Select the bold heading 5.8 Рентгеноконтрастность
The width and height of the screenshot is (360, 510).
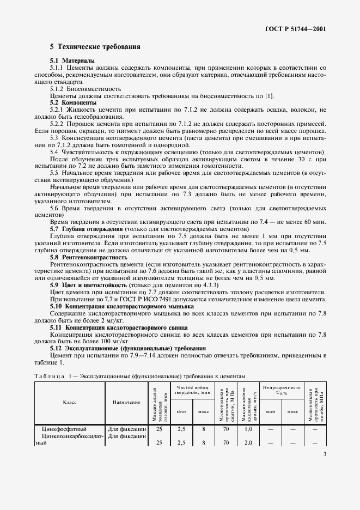[x=89, y=257]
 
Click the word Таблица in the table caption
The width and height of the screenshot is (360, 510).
[x=52, y=376]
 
